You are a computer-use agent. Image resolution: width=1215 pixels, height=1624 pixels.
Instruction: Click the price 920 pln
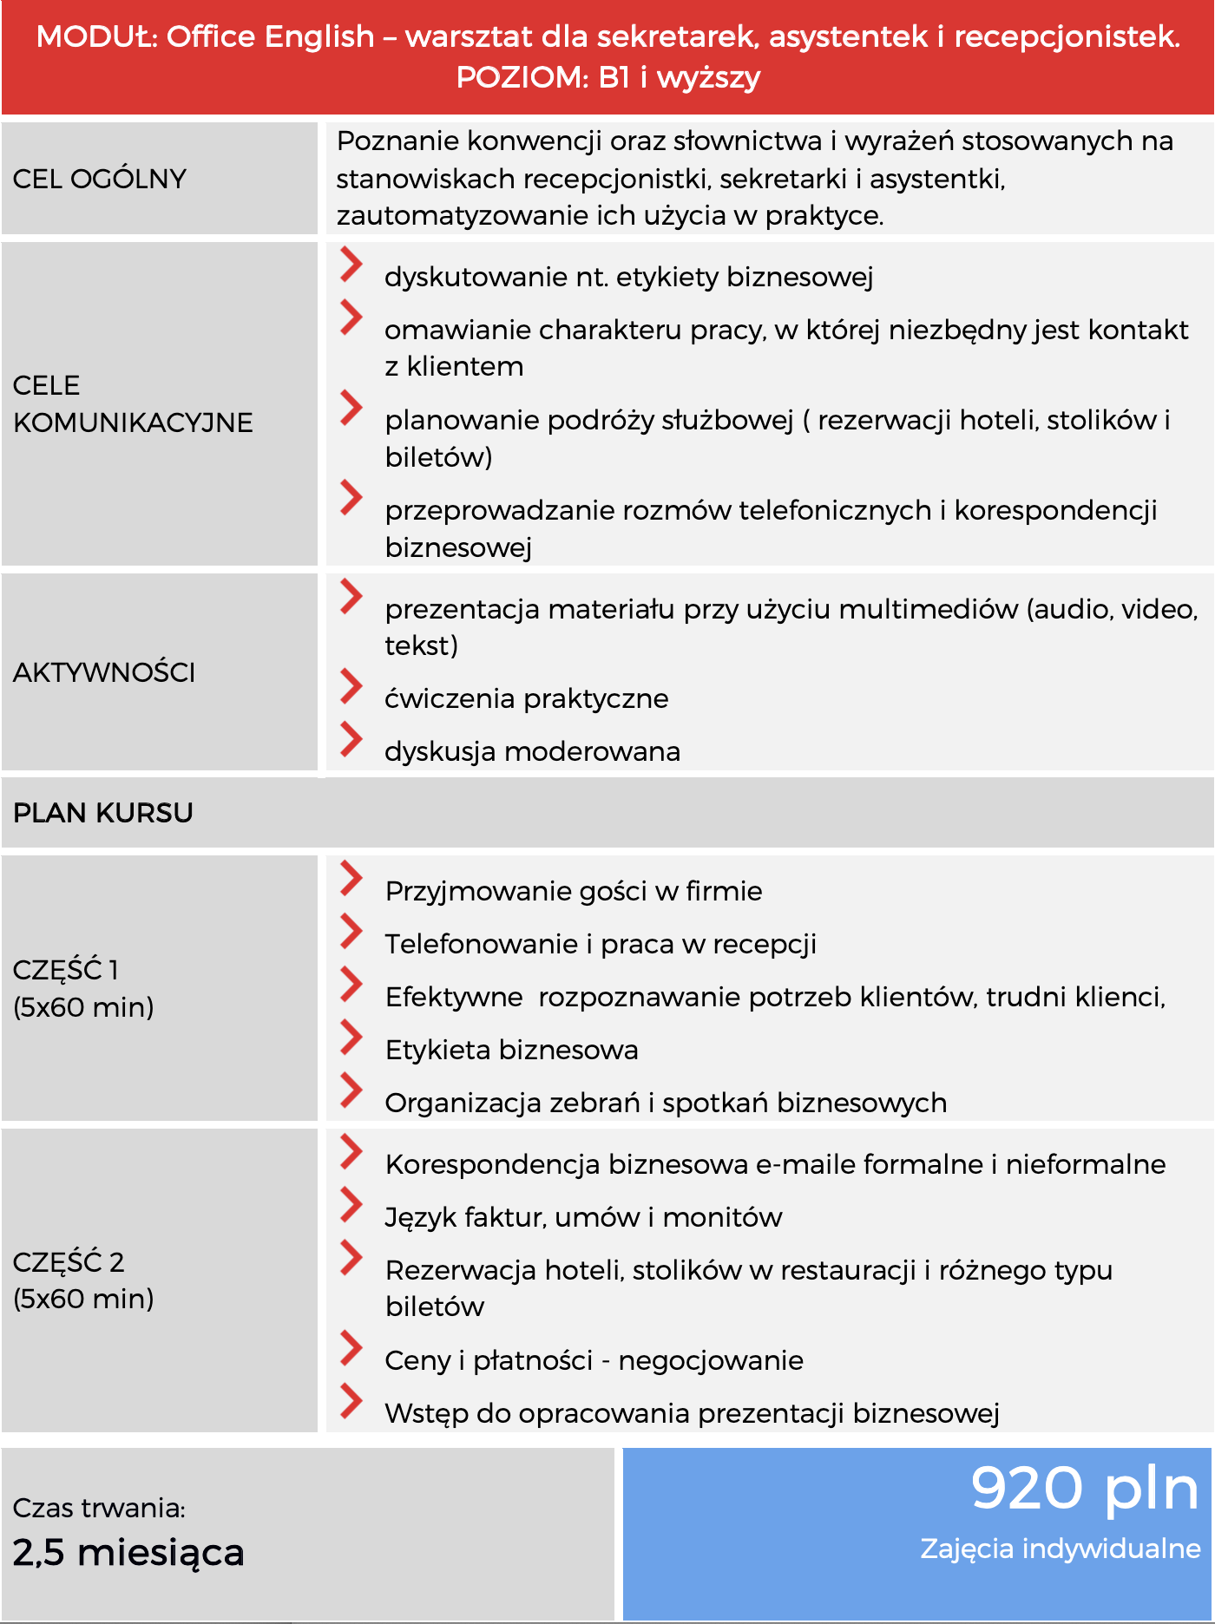(x=1084, y=1489)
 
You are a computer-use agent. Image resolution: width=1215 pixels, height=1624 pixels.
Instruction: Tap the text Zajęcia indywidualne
(x=1060, y=1549)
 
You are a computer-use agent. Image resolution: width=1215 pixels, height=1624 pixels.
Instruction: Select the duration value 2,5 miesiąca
(x=128, y=1553)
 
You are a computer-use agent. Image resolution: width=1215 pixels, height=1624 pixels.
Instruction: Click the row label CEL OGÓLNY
(x=100, y=179)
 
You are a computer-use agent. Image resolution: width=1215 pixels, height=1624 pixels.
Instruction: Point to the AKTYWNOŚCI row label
(x=104, y=672)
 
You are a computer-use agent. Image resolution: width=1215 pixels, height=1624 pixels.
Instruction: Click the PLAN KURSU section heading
(x=103, y=813)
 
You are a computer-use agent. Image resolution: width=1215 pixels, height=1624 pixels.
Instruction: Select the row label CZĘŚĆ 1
(x=66, y=970)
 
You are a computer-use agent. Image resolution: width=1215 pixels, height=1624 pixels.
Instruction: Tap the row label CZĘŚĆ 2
(x=69, y=1261)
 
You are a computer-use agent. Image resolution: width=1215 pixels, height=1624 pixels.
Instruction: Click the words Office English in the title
(x=270, y=36)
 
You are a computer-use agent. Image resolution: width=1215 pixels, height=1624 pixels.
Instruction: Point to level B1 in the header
(x=614, y=78)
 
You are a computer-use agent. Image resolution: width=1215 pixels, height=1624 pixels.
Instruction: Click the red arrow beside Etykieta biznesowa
(x=351, y=1038)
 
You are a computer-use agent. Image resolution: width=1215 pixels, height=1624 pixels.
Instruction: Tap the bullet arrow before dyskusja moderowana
(x=351, y=739)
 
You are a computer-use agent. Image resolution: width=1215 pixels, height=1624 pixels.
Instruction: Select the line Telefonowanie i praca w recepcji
(x=601, y=944)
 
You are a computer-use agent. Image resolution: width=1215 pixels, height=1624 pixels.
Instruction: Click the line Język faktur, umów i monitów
(x=583, y=1217)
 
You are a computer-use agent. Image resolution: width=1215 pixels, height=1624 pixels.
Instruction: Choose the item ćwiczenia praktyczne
(x=526, y=698)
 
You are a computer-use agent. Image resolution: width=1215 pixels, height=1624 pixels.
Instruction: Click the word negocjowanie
(x=711, y=1360)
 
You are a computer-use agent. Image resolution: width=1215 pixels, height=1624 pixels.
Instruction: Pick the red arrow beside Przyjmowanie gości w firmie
(x=351, y=879)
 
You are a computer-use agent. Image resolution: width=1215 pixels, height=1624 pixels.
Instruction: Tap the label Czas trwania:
(x=99, y=1508)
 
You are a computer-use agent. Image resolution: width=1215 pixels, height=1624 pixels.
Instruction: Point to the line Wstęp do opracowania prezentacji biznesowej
(x=692, y=1413)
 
